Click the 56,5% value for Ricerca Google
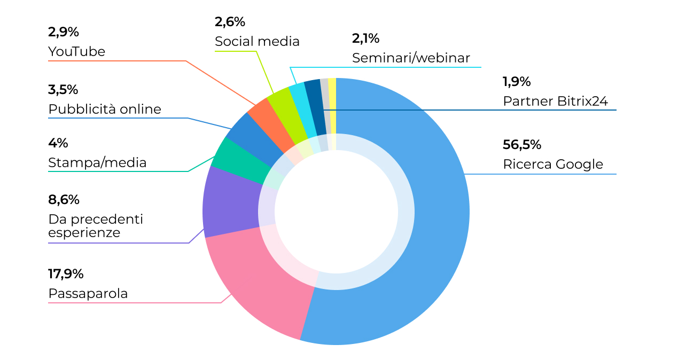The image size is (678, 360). [x=522, y=145]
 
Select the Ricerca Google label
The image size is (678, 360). [x=552, y=164]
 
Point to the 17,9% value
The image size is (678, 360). [x=66, y=274]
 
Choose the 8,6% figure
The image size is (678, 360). [x=64, y=200]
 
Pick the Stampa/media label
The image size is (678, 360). [x=97, y=162]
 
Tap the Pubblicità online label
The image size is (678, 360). [x=104, y=109]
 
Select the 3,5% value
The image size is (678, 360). [x=63, y=89]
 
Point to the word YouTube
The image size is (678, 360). [x=76, y=51]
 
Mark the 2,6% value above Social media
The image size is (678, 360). [x=230, y=22]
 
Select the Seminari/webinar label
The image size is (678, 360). [x=411, y=58]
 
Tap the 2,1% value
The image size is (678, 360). [x=365, y=38]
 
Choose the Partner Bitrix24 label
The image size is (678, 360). [x=555, y=101]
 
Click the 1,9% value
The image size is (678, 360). [x=516, y=82]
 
